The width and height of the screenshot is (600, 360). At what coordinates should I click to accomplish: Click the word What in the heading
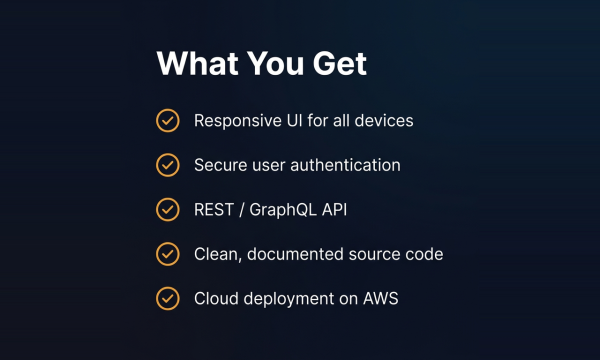coord(198,63)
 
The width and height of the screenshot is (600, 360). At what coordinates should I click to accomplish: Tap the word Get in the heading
coord(340,63)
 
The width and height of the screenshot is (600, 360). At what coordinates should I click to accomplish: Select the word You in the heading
coord(276,63)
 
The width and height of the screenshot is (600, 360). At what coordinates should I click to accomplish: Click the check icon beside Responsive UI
coord(168,121)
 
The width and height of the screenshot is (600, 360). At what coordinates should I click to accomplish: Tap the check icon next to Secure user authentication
coord(168,165)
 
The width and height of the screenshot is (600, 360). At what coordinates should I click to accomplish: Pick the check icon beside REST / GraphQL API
coord(168,209)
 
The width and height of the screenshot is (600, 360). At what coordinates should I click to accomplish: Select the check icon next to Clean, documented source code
coord(168,254)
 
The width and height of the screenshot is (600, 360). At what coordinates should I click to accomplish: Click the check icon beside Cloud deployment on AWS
coord(168,298)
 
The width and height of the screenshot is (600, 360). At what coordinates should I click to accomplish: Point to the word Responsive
coord(238,121)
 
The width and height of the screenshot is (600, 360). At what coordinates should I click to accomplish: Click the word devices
coord(384,121)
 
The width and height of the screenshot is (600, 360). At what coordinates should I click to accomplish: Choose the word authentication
coord(346,165)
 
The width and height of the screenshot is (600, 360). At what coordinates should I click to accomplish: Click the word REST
coord(214,210)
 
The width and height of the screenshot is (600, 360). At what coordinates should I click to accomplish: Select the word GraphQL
coord(283,210)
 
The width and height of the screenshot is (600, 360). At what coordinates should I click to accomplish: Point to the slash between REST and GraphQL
coord(241,210)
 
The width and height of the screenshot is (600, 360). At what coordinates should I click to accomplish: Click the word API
coord(334,210)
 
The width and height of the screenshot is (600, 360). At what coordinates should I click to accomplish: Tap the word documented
coord(295,254)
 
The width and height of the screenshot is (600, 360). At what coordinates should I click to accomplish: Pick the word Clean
coord(218,254)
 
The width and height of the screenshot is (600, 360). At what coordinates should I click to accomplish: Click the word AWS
coord(381,298)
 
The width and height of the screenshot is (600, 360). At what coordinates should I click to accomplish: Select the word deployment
coord(289,299)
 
